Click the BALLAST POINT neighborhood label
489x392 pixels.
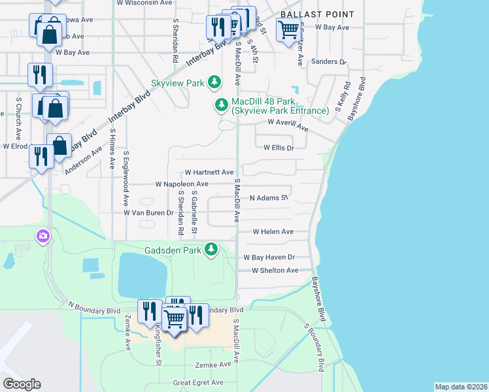tap(317, 14)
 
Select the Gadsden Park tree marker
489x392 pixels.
tap(211, 250)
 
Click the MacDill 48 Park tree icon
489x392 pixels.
tap(222, 105)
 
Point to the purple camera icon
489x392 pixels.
tap(44, 236)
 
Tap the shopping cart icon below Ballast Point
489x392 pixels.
tap(288, 29)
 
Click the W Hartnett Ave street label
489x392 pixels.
tap(209, 172)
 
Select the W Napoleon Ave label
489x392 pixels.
tap(182, 185)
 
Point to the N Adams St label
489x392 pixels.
tap(269, 197)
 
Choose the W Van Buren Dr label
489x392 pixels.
tap(148, 213)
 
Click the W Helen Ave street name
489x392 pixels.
tap(273, 232)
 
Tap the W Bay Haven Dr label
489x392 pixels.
tap(269, 257)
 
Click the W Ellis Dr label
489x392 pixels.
tap(279, 148)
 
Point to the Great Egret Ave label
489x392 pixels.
tap(198, 383)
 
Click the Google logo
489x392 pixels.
tap(22, 384)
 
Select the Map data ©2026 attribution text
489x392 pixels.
tap(460, 387)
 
